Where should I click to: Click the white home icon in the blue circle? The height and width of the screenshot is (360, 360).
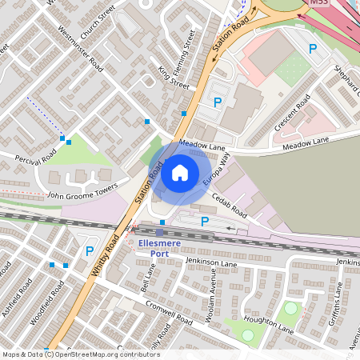[x=180, y=172]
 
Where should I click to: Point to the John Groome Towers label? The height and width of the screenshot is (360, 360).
[x=82, y=193]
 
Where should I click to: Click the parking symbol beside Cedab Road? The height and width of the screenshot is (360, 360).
[x=205, y=222]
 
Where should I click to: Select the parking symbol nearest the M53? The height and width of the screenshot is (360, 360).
[x=313, y=49]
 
